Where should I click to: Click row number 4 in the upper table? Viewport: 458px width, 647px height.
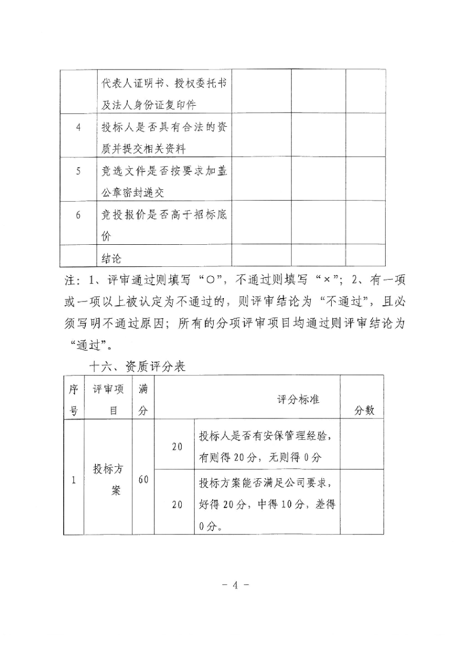pos(78,128)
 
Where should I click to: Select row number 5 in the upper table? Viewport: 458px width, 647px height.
pos(78,171)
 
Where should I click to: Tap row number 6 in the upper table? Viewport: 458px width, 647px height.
pos(78,215)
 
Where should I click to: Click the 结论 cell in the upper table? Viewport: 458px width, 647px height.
pos(112,259)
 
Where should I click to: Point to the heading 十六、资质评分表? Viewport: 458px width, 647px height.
pos(137,367)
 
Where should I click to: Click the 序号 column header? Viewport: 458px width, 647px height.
pos(74,399)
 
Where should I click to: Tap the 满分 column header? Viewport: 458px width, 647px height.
pos(143,399)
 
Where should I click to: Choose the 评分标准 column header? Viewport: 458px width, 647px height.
pos(298,399)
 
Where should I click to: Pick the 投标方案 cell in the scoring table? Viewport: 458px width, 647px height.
pos(108,479)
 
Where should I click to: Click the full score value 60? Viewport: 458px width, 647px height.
pos(143,479)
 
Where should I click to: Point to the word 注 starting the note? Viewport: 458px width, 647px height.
pos(67,280)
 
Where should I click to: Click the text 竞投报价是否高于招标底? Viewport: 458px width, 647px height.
pos(164,215)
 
